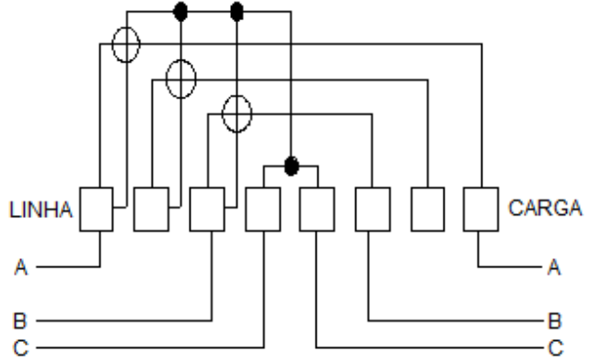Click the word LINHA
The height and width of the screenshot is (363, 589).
40,210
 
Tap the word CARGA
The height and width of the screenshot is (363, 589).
545,208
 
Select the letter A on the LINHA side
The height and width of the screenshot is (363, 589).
21,267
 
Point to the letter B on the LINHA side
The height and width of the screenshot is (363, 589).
20,321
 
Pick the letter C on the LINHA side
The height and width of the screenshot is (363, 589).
20,347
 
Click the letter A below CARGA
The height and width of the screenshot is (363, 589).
554,267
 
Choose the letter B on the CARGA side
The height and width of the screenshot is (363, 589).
555,321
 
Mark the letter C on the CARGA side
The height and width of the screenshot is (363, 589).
556,347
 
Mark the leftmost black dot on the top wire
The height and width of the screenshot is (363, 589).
180,12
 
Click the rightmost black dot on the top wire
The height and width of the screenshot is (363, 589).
237,12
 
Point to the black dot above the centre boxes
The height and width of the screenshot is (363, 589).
292,165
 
